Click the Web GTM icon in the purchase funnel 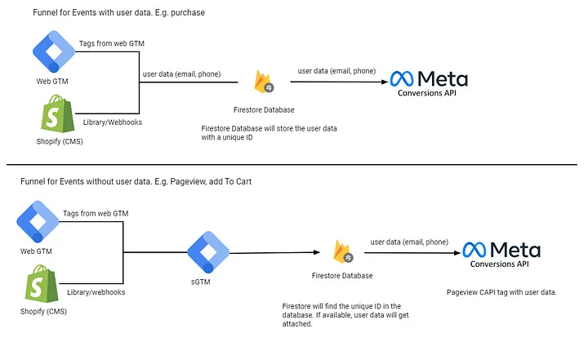point(54,51)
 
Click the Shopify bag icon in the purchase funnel point(53,114)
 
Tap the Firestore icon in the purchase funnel point(264,82)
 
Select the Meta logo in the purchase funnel point(429,79)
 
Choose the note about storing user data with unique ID point(269,134)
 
